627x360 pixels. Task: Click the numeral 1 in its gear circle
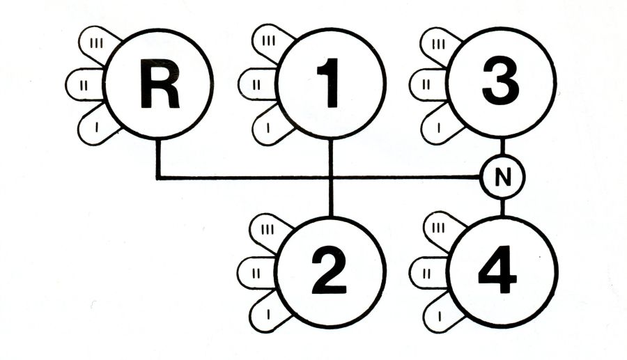click(x=330, y=84)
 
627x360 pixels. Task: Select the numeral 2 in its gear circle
click(x=330, y=271)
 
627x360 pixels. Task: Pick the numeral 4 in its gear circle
click(x=500, y=271)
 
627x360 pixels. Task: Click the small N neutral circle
click(x=501, y=178)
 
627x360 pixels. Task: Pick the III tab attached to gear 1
click(x=268, y=42)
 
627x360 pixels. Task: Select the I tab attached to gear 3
click(x=438, y=128)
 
